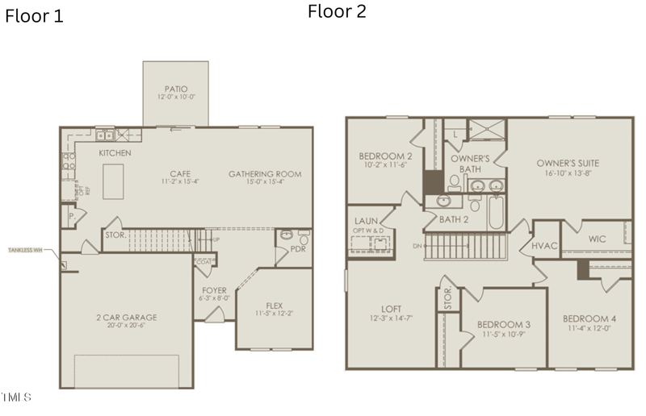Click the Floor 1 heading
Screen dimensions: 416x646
coord(34,15)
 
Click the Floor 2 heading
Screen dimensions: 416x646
coord(337,11)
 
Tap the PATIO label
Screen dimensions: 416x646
coord(176,89)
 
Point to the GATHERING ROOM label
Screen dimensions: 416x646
coord(265,173)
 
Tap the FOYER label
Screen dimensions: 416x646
coord(214,291)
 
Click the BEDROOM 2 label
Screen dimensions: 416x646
coord(386,156)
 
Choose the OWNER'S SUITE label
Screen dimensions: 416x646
coord(568,163)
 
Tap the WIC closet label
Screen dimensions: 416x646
coord(597,239)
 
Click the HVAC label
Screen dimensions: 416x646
coord(544,245)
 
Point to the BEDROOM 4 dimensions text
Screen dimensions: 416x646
coord(589,328)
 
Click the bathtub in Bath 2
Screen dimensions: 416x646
coord(495,214)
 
